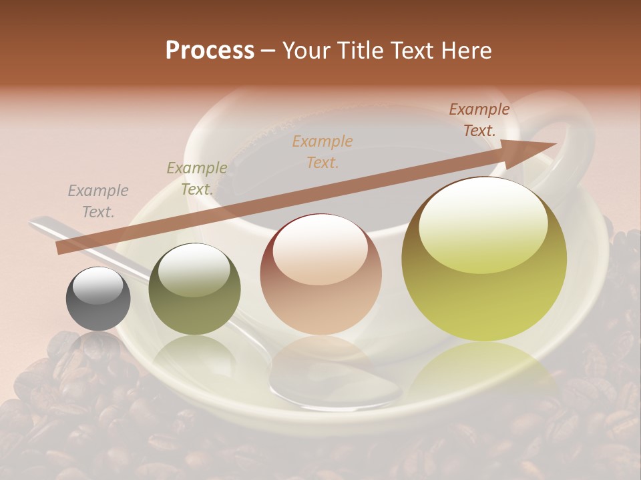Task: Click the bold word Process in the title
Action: pyautogui.click(x=210, y=51)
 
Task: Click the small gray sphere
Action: pyautogui.click(x=98, y=299)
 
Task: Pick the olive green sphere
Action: pyautogui.click(x=194, y=289)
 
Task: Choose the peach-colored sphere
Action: pyautogui.click(x=321, y=274)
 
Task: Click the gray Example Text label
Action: pyautogui.click(x=98, y=201)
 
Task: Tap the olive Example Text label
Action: pyautogui.click(x=197, y=179)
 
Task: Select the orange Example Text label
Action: pyautogui.click(x=323, y=151)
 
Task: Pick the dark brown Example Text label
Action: pyautogui.click(x=479, y=120)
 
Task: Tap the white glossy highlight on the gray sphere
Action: pyautogui.click(x=98, y=285)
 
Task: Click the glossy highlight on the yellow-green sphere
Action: pyautogui.click(x=483, y=220)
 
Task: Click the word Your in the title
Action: pyautogui.click(x=305, y=51)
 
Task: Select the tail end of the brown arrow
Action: pyautogui.click(x=61, y=248)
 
